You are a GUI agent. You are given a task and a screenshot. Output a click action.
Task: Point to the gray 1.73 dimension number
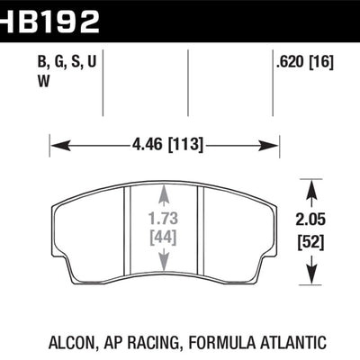[163, 220]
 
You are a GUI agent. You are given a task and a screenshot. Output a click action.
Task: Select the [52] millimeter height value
[310, 240]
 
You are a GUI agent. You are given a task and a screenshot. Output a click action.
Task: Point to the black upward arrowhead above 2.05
[310, 186]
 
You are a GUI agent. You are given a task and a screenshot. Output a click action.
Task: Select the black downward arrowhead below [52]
[310, 273]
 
